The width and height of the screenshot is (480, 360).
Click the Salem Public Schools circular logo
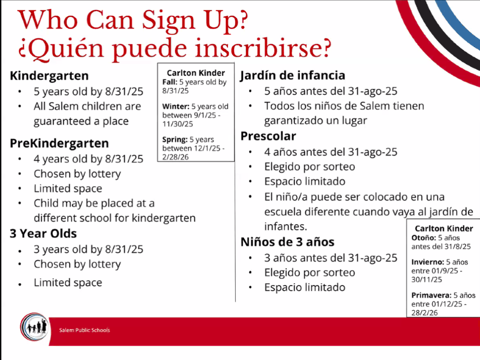tap(34, 327)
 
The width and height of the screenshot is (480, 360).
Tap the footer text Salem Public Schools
tap(84, 330)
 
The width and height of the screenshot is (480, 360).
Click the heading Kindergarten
tap(49, 75)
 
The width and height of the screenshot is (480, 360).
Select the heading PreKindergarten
tap(60, 143)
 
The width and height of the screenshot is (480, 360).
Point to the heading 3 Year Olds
tap(43, 233)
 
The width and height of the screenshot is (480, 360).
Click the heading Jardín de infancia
tap(292, 75)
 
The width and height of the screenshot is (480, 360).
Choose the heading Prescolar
tap(268, 136)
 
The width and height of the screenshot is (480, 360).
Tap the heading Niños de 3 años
tap(287, 242)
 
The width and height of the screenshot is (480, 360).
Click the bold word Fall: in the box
tap(170, 82)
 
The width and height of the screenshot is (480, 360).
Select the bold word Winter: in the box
tap(176, 106)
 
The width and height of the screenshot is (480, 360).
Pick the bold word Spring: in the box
tap(175, 140)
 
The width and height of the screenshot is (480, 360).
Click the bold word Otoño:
tap(424, 238)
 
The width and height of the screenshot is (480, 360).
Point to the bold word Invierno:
tap(427, 262)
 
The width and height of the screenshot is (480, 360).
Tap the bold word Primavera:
tap(431, 295)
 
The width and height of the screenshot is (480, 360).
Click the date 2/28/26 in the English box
tap(175, 157)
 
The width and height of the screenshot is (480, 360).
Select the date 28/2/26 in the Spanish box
tap(425, 313)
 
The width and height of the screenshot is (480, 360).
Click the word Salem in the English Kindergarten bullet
tap(60, 106)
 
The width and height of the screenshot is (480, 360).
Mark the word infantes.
tap(285, 226)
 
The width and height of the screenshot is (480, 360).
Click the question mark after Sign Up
tap(242, 20)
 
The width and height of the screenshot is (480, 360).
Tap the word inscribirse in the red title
tap(256, 48)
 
